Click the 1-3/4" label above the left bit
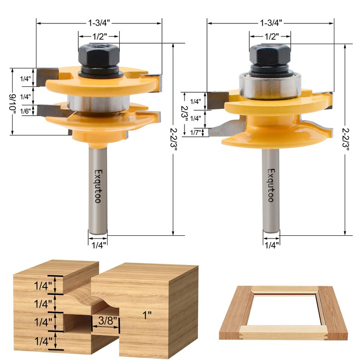click(x=99, y=22)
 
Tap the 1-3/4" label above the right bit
click(x=270, y=22)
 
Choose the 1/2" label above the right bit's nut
click(x=270, y=35)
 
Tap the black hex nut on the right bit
click(x=270, y=57)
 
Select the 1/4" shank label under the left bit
click(x=98, y=245)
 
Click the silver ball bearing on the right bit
click(x=270, y=84)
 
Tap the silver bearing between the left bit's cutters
click(x=96, y=102)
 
